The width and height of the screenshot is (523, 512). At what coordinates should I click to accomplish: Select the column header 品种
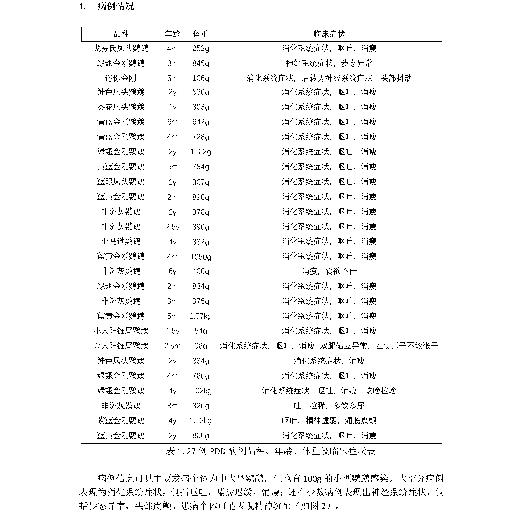pos(121,34)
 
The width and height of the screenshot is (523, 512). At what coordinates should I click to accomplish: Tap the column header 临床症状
pos(329,34)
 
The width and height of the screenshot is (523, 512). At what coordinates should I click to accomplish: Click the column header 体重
pos(200,34)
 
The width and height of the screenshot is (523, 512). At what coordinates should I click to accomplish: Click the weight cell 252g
pos(200,49)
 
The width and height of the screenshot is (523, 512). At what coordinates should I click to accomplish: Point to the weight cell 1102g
pos(200,152)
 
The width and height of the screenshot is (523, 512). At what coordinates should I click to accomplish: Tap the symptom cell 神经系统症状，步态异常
pos(329,63)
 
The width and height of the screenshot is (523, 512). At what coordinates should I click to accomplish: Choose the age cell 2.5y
pos(172,227)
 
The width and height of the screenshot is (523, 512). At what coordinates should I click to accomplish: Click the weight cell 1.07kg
pos(200,316)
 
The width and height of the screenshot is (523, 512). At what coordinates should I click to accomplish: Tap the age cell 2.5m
pos(172,346)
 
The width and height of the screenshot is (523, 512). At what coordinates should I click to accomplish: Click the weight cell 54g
pos(200,331)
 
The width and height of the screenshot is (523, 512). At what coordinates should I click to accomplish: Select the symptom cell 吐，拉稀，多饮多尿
pos(329,406)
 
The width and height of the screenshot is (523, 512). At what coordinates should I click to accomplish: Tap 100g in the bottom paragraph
pos(312,479)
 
